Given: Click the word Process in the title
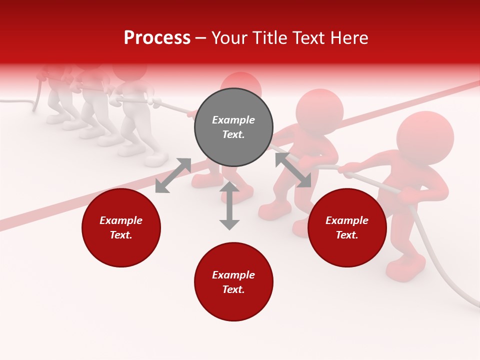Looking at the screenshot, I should coord(157,38).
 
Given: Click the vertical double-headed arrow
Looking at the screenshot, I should coord(229,205).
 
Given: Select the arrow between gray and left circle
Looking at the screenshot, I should coord(173,175).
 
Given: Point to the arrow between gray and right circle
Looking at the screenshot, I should coord(293,170).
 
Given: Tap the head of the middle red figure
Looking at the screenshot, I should coord(319,111).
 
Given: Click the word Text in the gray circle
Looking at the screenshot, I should coord(233,134).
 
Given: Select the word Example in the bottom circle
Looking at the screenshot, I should coord(233,275).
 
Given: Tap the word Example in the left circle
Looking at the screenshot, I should coord(121,220).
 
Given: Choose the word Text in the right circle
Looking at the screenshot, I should coord(347,235).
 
